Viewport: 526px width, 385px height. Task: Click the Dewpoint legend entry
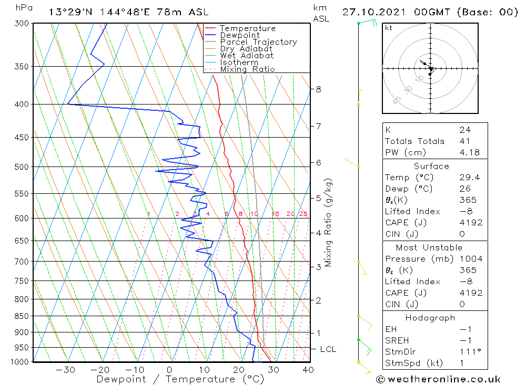click(239, 35)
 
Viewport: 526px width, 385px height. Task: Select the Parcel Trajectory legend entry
click(258, 42)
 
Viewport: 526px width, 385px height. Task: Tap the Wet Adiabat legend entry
click(247, 56)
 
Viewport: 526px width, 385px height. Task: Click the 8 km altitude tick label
click(318, 89)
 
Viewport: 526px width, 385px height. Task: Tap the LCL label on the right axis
click(328, 349)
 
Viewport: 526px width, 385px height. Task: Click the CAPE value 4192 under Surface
click(470, 223)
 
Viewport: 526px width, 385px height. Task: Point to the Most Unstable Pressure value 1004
click(470, 259)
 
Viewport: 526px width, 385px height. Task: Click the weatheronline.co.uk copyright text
click(439, 379)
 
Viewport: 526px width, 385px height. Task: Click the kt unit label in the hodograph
click(389, 28)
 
